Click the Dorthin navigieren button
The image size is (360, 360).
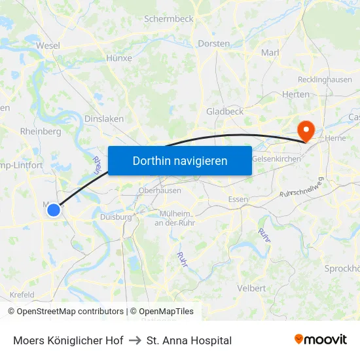tap(180, 160)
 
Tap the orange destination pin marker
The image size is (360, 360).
tap(305, 130)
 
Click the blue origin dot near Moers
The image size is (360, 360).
tap(54, 210)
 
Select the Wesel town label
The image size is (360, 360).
tap(48, 46)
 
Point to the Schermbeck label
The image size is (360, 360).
tap(169, 19)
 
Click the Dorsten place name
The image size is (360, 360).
tap(213, 44)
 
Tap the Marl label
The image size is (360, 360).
tap(270, 52)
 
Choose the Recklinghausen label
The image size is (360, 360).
tap(325, 80)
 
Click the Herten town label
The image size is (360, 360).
tap(296, 94)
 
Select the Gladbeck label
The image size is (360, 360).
tap(225, 111)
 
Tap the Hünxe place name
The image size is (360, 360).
tap(118, 58)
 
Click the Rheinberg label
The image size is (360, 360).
tap(41, 131)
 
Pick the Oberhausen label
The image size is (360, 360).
tap(160, 190)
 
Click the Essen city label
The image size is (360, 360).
tap(238, 200)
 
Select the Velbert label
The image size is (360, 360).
tap(252, 288)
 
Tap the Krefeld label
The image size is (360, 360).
tap(22, 295)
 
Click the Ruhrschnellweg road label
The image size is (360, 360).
tap(302, 187)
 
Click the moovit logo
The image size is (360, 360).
tap(321, 340)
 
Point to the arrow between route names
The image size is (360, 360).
tap(135, 340)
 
